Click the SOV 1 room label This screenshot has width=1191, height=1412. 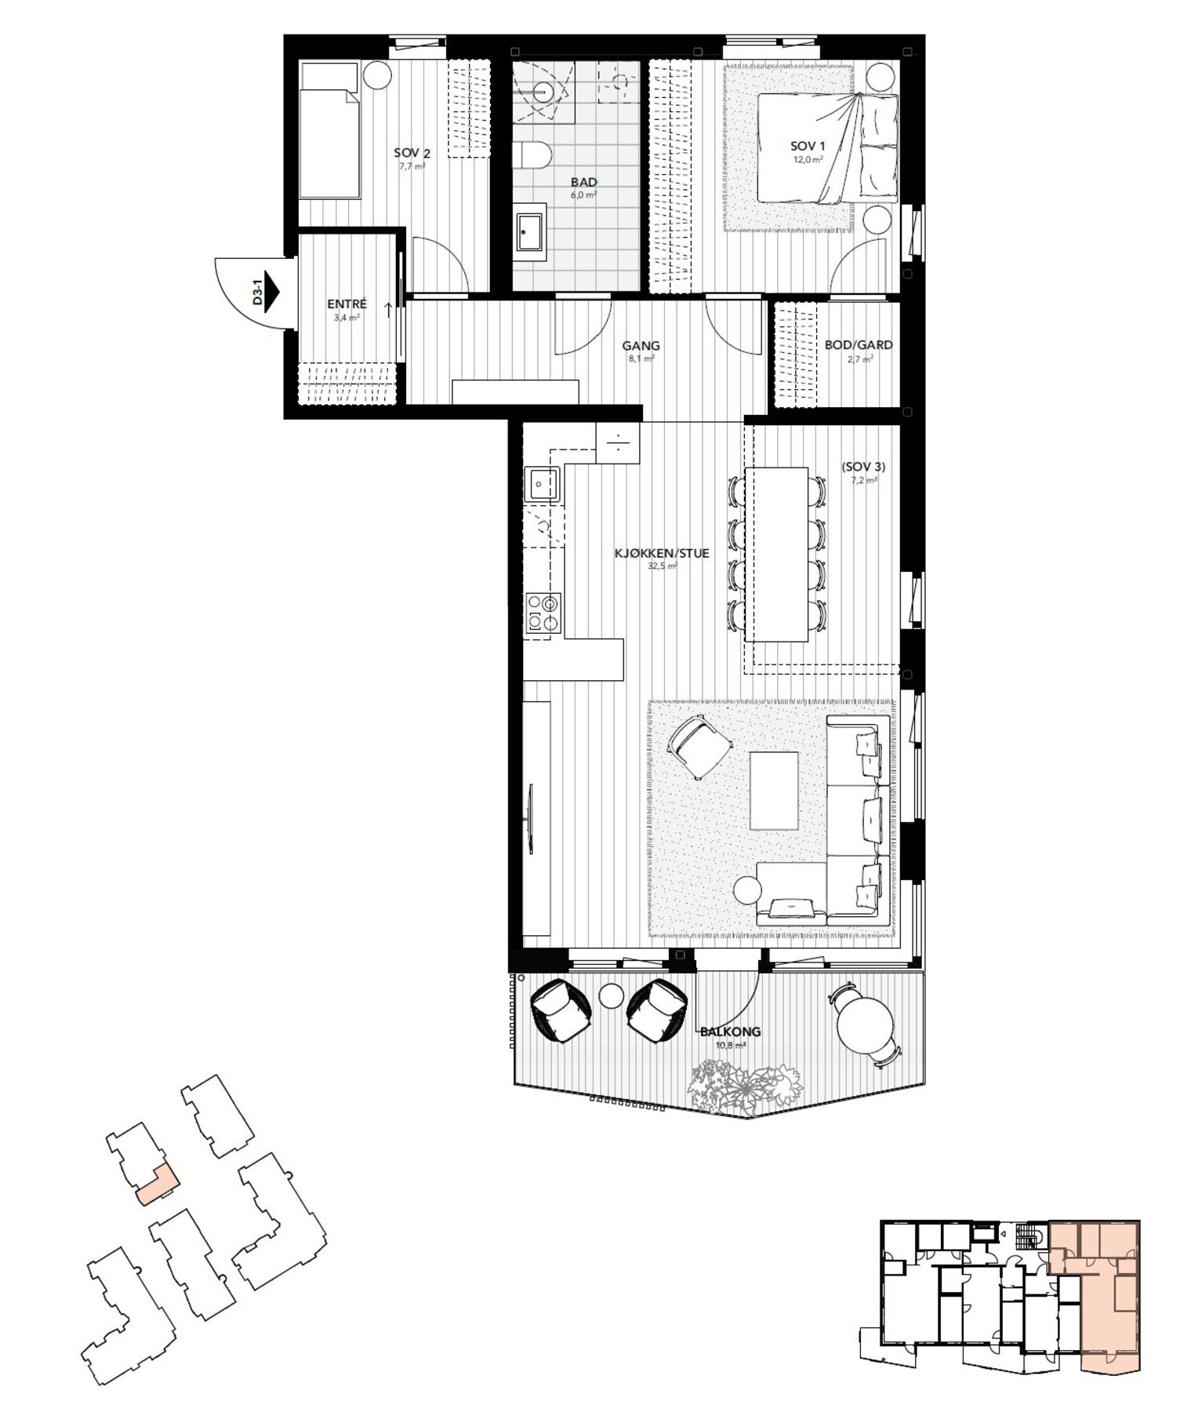click(x=807, y=146)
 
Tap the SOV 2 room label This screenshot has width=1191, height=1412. click(x=412, y=154)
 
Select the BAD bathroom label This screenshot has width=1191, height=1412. click(x=583, y=182)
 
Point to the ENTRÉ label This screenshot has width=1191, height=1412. click(x=347, y=305)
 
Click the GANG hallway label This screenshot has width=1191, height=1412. click(x=641, y=345)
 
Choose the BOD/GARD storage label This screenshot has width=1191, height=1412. click(x=858, y=345)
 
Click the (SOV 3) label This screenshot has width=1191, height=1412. click(x=862, y=466)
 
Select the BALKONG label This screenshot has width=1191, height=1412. click(x=730, y=1032)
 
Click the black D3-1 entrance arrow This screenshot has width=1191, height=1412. click(x=272, y=289)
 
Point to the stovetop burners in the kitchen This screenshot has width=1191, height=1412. click(x=543, y=612)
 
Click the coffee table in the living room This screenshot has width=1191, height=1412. click(x=774, y=790)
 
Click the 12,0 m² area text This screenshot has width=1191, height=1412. click(x=807, y=159)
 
